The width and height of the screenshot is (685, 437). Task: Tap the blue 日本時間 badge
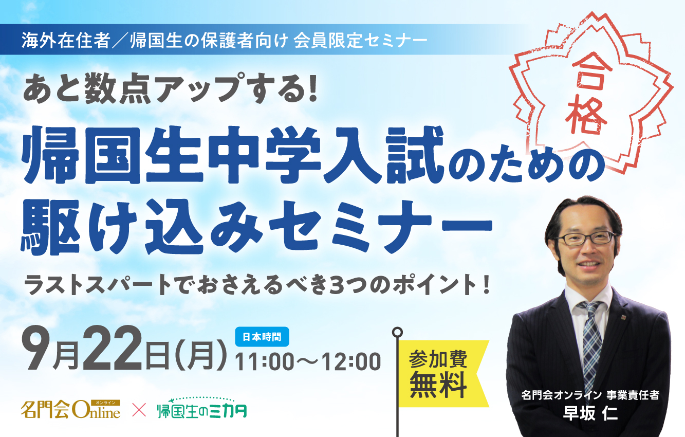pyautogui.click(x=262, y=337)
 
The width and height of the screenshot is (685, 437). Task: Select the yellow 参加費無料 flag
pyautogui.click(x=443, y=374)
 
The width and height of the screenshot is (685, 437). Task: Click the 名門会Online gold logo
pyautogui.click(x=70, y=409)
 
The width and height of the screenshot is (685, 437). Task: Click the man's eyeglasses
pyautogui.click(x=585, y=238)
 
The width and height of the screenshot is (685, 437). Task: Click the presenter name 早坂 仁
pyautogui.click(x=590, y=413)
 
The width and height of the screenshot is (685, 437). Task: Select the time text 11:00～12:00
pyautogui.click(x=308, y=362)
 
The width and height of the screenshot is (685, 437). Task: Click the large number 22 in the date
pyautogui.click(x=112, y=351)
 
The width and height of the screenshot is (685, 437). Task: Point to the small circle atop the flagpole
pyautogui.click(x=397, y=332)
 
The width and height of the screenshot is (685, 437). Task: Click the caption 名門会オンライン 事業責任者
pyautogui.click(x=590, y=395)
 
